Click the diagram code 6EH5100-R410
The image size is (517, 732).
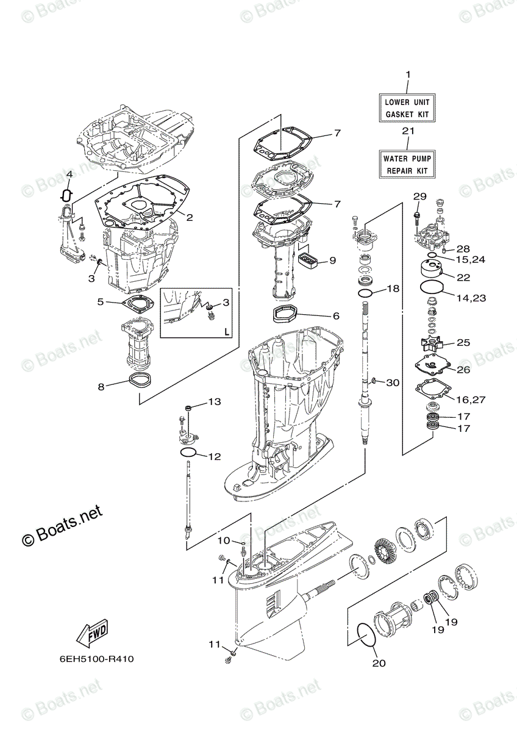pos(96,659)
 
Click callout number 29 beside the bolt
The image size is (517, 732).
pos(420,196)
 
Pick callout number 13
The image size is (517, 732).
pos(214,402)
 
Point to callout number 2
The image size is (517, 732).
pos(190,217)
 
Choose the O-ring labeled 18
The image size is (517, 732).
pos(365,293)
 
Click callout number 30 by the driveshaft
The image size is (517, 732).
pos(393,382)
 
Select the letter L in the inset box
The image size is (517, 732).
pos(226,332)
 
